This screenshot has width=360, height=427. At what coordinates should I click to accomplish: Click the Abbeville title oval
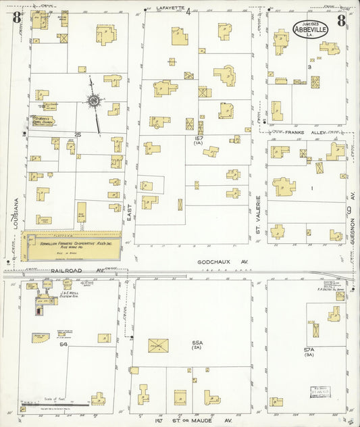pos(312,30)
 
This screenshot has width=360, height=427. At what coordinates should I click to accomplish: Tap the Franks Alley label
pos(295,132)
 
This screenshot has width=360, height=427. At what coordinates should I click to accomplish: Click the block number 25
pos(78,135)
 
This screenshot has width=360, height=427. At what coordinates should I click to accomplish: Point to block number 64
pos(63,345)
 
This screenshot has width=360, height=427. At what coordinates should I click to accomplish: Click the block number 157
pos(199,139)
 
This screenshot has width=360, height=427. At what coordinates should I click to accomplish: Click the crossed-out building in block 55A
pos(158,346)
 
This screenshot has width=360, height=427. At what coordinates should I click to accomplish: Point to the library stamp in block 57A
pos(315,390)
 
